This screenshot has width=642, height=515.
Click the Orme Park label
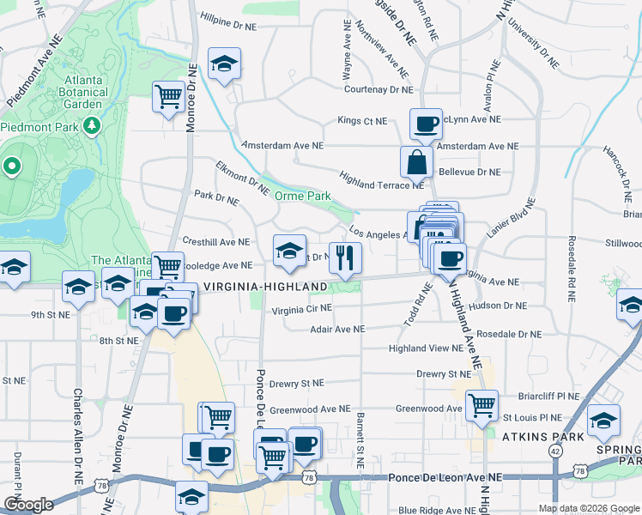click(x=302, y=196)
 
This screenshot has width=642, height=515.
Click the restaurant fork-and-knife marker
click(x=345, y=257)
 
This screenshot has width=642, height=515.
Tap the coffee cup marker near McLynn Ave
click(x=426, y=124)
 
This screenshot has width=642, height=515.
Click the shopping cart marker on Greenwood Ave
click(x=481, y=403)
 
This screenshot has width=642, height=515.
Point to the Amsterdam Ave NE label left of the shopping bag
click(x=282, y=146)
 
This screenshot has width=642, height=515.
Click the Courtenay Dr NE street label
click(x=378, y=89)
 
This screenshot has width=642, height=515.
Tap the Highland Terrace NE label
click(x=381, y=185)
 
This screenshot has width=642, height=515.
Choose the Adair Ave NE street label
click(x=337, y=329)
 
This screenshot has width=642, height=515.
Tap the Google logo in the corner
click(x=29, y=505)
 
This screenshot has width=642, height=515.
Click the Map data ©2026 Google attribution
click(x=588, y=508)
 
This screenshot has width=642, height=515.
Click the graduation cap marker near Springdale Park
click(x=604, y=421)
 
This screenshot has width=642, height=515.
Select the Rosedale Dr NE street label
click(x=509, y=334)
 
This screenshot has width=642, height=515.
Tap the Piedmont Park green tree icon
click(x=92, y=126)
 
